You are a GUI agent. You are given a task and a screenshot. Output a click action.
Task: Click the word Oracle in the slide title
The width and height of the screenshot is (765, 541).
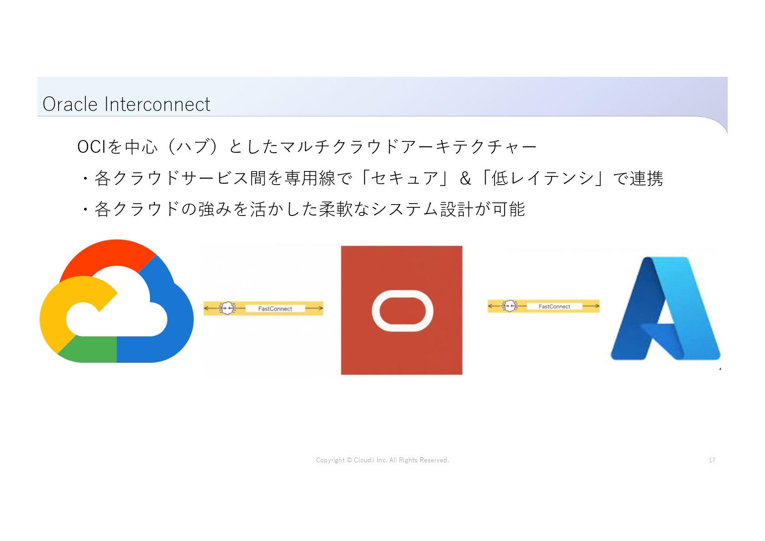coord(70,104)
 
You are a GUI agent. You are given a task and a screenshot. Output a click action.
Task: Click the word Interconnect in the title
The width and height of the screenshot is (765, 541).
coord(157,104)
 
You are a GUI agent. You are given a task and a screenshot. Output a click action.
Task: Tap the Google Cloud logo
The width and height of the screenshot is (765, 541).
coord(116,301)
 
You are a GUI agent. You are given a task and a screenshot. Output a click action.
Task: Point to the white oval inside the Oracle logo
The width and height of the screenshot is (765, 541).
coord(402,311)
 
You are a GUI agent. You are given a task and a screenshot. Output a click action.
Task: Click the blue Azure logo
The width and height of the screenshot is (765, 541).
coord(666,309)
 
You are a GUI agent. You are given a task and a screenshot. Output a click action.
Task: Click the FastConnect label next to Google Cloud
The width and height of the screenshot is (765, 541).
coord(275,309)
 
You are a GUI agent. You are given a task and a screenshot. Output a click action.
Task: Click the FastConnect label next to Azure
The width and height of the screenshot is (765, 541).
coord(554,306)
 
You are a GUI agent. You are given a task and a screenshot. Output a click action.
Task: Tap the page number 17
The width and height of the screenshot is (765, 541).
coord(712,460)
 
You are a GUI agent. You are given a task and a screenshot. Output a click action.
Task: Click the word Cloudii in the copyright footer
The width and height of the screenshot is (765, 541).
coord(364,460)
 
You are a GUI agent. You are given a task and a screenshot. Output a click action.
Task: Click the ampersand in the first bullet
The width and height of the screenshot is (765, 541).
coord(465,178)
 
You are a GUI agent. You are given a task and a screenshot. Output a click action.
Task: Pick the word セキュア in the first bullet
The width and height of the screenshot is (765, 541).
coord(404,178)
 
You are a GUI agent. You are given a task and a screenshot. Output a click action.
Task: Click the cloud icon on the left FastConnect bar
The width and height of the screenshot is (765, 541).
coord(227,308)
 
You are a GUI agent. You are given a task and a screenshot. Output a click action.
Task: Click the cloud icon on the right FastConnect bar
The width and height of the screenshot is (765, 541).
coord(510,306)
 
